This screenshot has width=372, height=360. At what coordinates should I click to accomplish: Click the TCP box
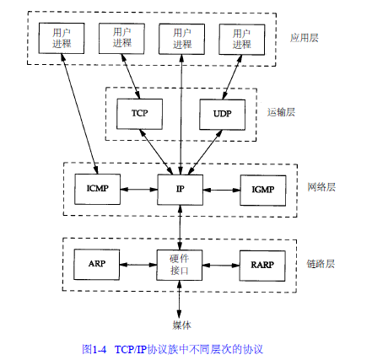(139, 114)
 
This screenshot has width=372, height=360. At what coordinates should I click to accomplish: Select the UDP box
(222, 115)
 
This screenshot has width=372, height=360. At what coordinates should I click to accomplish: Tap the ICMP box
(97, 189)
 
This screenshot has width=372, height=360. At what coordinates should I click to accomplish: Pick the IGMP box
(263, 191)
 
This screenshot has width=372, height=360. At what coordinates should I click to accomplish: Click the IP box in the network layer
(180, 190)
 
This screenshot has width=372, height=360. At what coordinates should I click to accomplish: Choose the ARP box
(96, 264)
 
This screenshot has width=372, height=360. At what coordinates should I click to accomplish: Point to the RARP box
(262, 266)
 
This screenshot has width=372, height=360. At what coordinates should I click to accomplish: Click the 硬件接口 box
(179, 265)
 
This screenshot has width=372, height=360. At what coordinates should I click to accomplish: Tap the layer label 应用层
(305, 38)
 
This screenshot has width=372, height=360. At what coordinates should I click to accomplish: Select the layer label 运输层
(281, 112)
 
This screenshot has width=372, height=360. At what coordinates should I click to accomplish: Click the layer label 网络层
(321, 187)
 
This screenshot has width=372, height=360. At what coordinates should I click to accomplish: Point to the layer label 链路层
(321, 264)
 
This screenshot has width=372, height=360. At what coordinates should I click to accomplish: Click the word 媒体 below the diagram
(182, 325)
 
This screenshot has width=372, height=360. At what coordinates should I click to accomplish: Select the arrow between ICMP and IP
(139, 190)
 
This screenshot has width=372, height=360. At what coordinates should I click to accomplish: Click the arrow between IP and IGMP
(222, 190)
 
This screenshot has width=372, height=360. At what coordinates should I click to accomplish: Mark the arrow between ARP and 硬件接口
(138, 265)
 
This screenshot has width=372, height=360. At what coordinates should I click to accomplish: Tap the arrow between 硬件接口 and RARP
(221, 265)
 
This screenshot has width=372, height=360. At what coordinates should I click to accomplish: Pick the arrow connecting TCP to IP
(156, 152)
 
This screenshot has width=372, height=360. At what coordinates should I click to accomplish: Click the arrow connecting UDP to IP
(205, 153)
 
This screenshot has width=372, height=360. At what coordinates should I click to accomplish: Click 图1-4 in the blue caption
(94, 349)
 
